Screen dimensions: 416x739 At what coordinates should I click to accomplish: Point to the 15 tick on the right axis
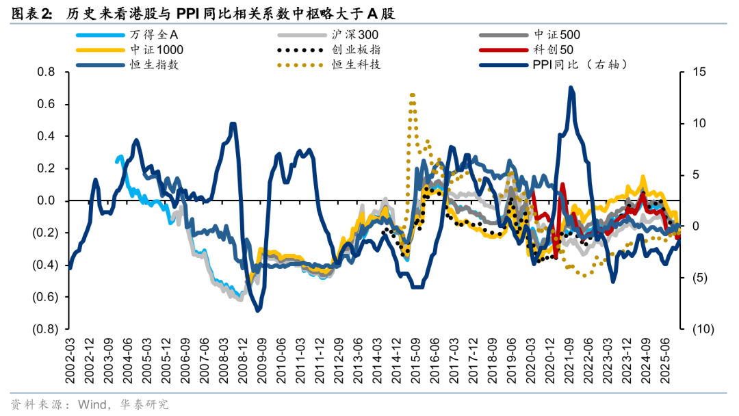699,73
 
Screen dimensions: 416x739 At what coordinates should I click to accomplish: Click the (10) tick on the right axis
702,329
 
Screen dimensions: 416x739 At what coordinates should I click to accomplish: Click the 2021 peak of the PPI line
571,88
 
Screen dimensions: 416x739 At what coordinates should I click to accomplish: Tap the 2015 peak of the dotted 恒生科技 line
412,94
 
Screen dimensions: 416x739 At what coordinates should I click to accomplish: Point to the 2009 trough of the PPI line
258,310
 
